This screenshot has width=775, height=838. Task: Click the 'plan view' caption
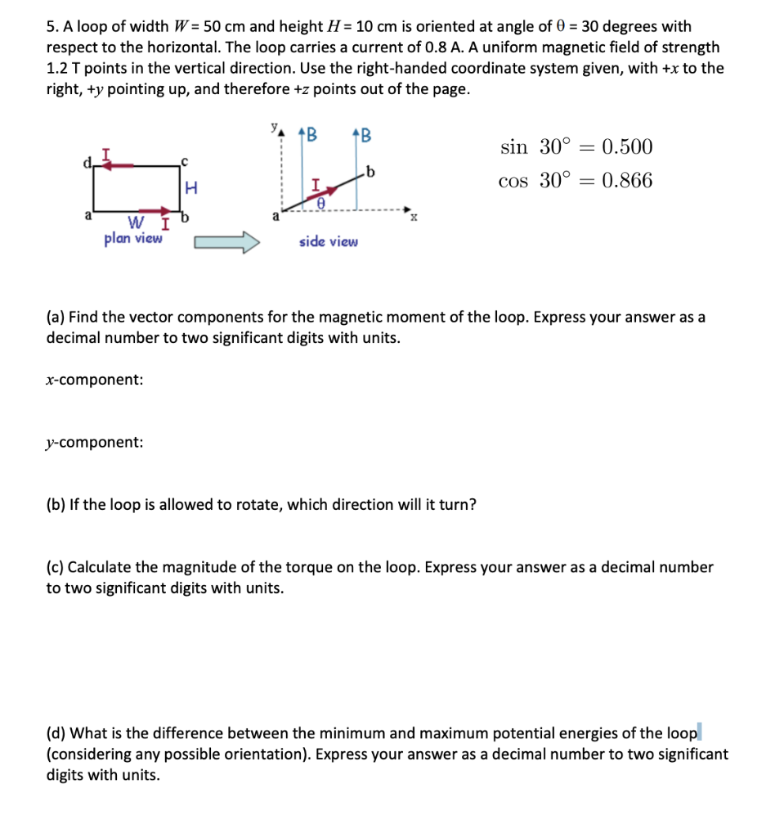pos(133,239)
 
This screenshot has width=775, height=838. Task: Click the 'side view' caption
pos(328,241)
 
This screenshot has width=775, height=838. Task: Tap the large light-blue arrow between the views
pos(226,243)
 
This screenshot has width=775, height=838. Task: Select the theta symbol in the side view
pos(321,208)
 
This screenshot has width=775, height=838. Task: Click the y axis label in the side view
pos(275,128)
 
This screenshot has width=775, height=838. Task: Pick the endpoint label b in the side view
pos(371,170)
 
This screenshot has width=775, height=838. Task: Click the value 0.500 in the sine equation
pos(627,147)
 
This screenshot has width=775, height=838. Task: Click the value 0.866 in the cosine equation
pos(627,181)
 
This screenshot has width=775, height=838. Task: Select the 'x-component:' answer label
pos(95,380)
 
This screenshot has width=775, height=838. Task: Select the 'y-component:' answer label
pos(95,442)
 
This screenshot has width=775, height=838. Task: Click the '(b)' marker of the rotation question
pos(56,504)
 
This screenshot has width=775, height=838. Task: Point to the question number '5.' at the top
pos(52,26)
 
